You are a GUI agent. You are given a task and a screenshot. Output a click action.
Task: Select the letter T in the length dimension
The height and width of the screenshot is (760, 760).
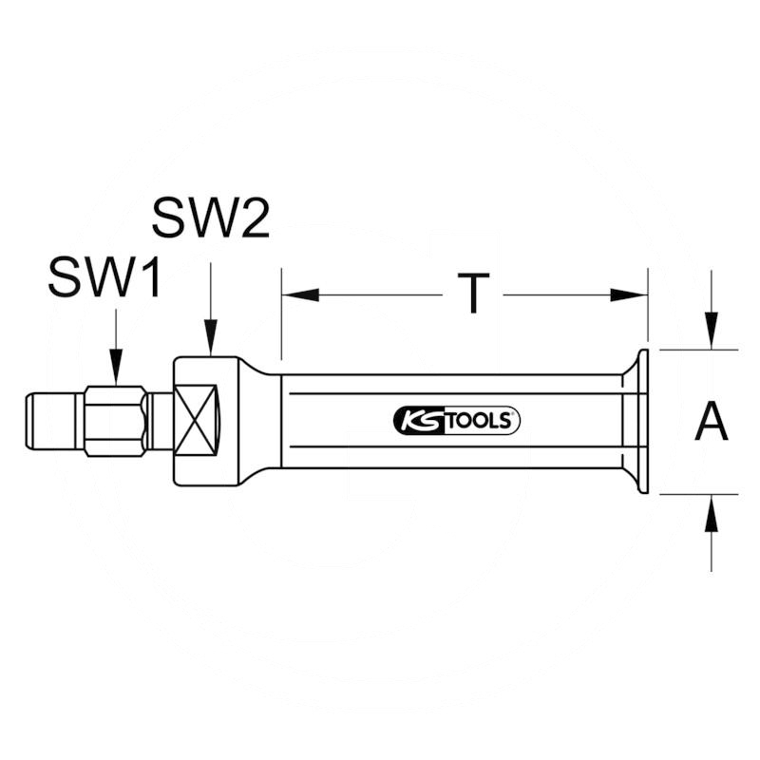(x=472, y=295)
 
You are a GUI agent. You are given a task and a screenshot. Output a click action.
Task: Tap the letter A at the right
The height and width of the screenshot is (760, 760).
(x=712, y=421)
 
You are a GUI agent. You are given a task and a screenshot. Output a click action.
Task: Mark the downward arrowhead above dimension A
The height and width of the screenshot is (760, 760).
(x=711, y=332)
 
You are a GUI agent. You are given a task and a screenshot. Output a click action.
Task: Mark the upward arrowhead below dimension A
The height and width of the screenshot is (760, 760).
(x=711, y=512)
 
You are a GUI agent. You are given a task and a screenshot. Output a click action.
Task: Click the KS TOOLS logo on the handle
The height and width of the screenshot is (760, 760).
(x=456, y=421)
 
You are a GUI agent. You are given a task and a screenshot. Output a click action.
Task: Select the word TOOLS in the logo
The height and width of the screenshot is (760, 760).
(x=480, y=421)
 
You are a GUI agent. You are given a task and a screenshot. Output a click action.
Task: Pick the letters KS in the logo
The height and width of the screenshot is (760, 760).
(x=413, y=421)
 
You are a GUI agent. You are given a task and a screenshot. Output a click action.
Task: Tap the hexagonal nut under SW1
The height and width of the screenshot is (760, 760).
(x=115, y=421)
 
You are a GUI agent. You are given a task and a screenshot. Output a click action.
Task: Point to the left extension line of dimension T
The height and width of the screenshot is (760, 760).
(x=281, y=313)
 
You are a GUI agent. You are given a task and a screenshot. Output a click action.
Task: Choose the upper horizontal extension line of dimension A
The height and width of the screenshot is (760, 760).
(x=698, y=350)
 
